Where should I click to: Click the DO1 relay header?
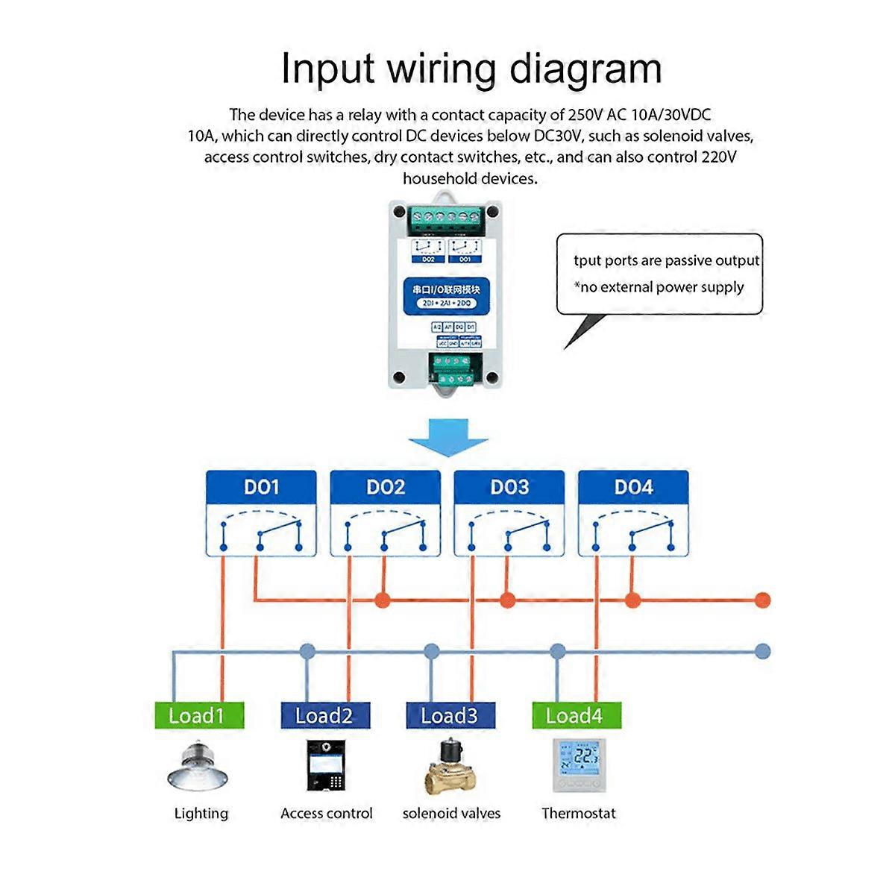(261, 488)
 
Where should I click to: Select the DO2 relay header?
(385, 488)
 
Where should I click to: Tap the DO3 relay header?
(509, 488)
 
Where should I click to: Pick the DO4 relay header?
(633, 488)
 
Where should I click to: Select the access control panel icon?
(327, 766)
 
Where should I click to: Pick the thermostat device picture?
(579, 765)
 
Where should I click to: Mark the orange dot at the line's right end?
(761, 600)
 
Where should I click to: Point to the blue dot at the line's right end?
(761, 651)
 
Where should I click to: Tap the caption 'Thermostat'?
(579, 814)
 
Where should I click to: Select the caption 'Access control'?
(327, 814)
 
